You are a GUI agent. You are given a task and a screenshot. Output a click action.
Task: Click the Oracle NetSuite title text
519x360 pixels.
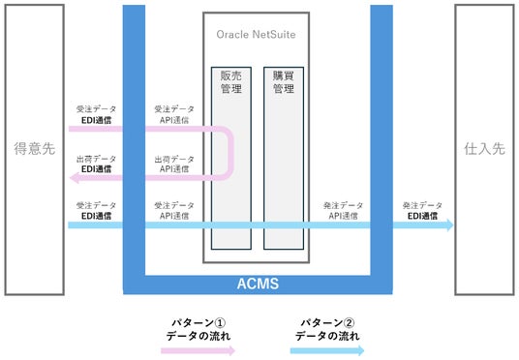[256, 35]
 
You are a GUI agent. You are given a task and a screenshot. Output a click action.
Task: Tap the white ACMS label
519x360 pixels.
[258, 284]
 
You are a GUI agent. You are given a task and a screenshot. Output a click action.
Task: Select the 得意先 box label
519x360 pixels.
[35, 149]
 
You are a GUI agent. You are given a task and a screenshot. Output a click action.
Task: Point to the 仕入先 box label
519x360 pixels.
[484, 149]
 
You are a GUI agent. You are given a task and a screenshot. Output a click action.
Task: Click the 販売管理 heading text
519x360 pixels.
[231, 82]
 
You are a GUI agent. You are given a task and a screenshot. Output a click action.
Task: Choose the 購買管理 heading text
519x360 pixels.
[284, 82]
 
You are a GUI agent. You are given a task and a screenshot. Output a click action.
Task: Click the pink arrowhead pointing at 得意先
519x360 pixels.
[75, 178]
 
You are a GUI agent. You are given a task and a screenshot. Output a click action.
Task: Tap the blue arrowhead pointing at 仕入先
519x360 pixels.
[450, 225]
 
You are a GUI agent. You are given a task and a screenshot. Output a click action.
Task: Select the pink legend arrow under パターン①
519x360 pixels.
[198, 350]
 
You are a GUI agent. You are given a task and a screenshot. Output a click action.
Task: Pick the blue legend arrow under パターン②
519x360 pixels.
[327, 350]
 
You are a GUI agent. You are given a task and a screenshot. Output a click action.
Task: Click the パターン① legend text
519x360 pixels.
[198, 329]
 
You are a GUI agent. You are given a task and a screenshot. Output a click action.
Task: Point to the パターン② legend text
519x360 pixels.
[327, 329]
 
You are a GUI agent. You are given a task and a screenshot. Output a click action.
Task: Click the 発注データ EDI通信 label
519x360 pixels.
[422, 211]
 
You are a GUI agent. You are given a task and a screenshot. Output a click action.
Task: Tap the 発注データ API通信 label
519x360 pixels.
[343, 211]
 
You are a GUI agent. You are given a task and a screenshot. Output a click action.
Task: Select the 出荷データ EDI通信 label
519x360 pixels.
[96, 165]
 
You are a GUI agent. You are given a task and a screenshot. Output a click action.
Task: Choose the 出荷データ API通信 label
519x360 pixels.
[174, 165]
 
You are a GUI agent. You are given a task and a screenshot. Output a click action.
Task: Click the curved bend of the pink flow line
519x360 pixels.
[231, 153]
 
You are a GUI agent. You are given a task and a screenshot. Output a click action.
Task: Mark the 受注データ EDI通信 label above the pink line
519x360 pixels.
[96, 114]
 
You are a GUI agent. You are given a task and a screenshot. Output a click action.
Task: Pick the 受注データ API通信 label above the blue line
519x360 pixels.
[174, 211]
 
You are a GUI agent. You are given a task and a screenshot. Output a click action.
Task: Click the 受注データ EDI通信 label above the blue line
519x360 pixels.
[96, 211]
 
